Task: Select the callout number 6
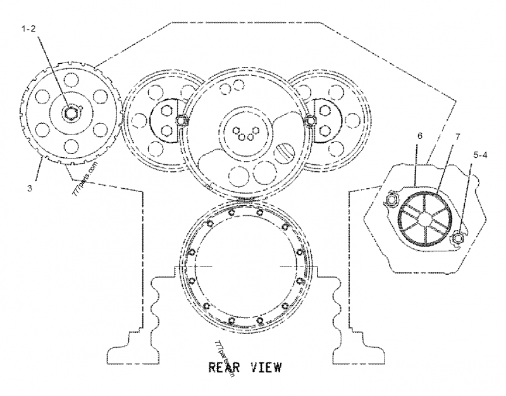coord(417,136)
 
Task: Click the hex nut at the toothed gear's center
coord(71,112)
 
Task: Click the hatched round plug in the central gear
coord(286,152)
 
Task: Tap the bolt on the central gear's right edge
coord(309,121)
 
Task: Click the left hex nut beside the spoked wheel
coord(391,200)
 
